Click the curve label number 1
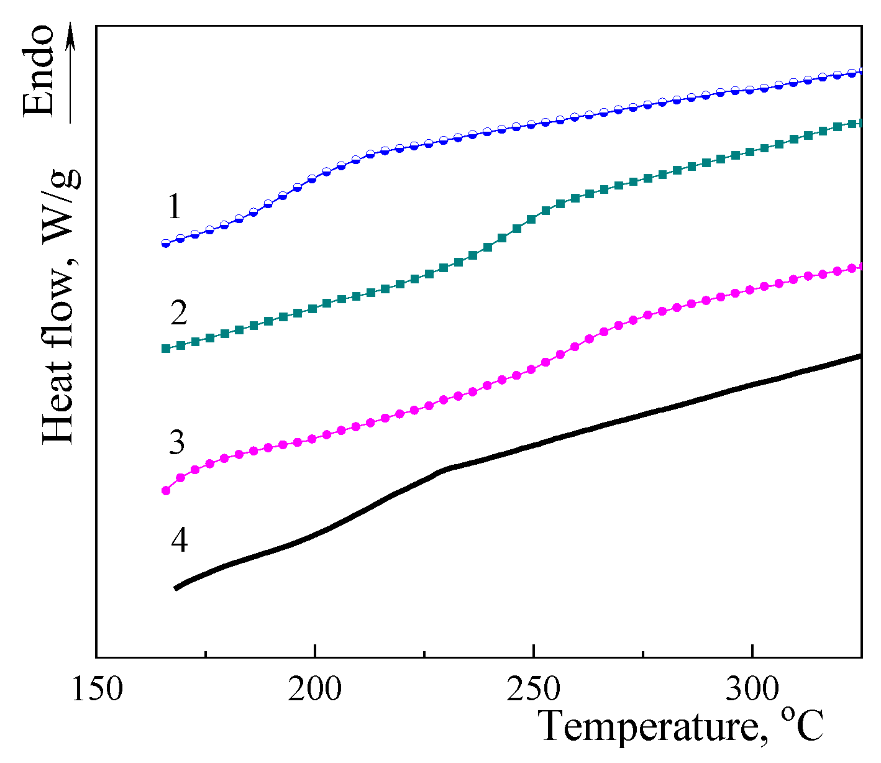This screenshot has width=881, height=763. pyautogui.click(x=175, y=207)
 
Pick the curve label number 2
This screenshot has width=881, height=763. pyautogui.click(x=178, y=313)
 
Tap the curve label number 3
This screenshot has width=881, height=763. pyautogui.click(x=177, y=442)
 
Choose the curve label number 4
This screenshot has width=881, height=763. pyautogui.click(x=179, y=540)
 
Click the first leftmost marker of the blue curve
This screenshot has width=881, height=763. pyautogui.click(x=166, y=244)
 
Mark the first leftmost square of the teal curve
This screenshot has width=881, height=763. pyautogui.click(x=166, y=349)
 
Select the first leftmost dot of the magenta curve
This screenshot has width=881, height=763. pyautogui.click(x=166, y=490)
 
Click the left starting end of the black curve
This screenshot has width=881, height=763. pyautogui.click(x=176, y=587)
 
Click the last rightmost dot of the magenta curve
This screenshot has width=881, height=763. pyautogui.click(x=859, y=267)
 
